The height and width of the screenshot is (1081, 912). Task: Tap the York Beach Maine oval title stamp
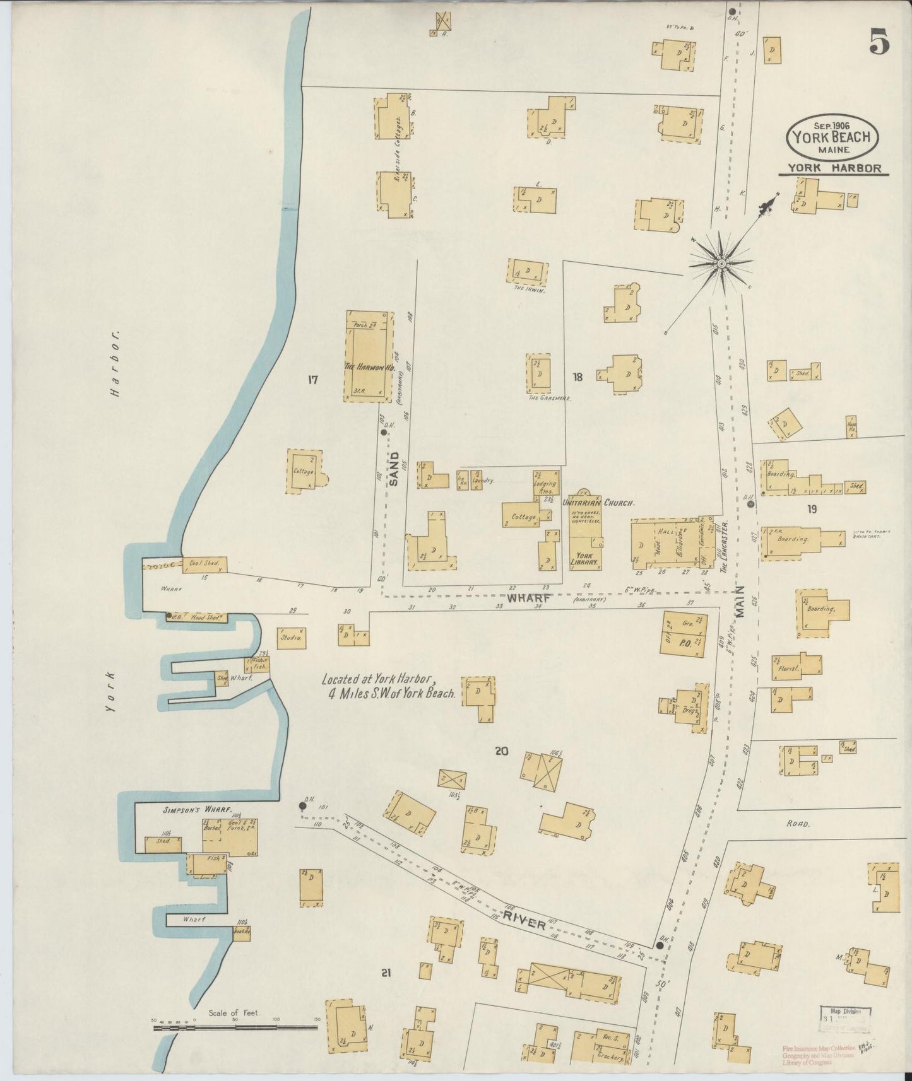(832, 137)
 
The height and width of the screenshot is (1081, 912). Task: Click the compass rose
(721, 261)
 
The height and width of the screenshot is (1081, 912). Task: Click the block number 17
(312, 380)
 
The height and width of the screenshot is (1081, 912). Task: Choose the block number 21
(386, 974)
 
